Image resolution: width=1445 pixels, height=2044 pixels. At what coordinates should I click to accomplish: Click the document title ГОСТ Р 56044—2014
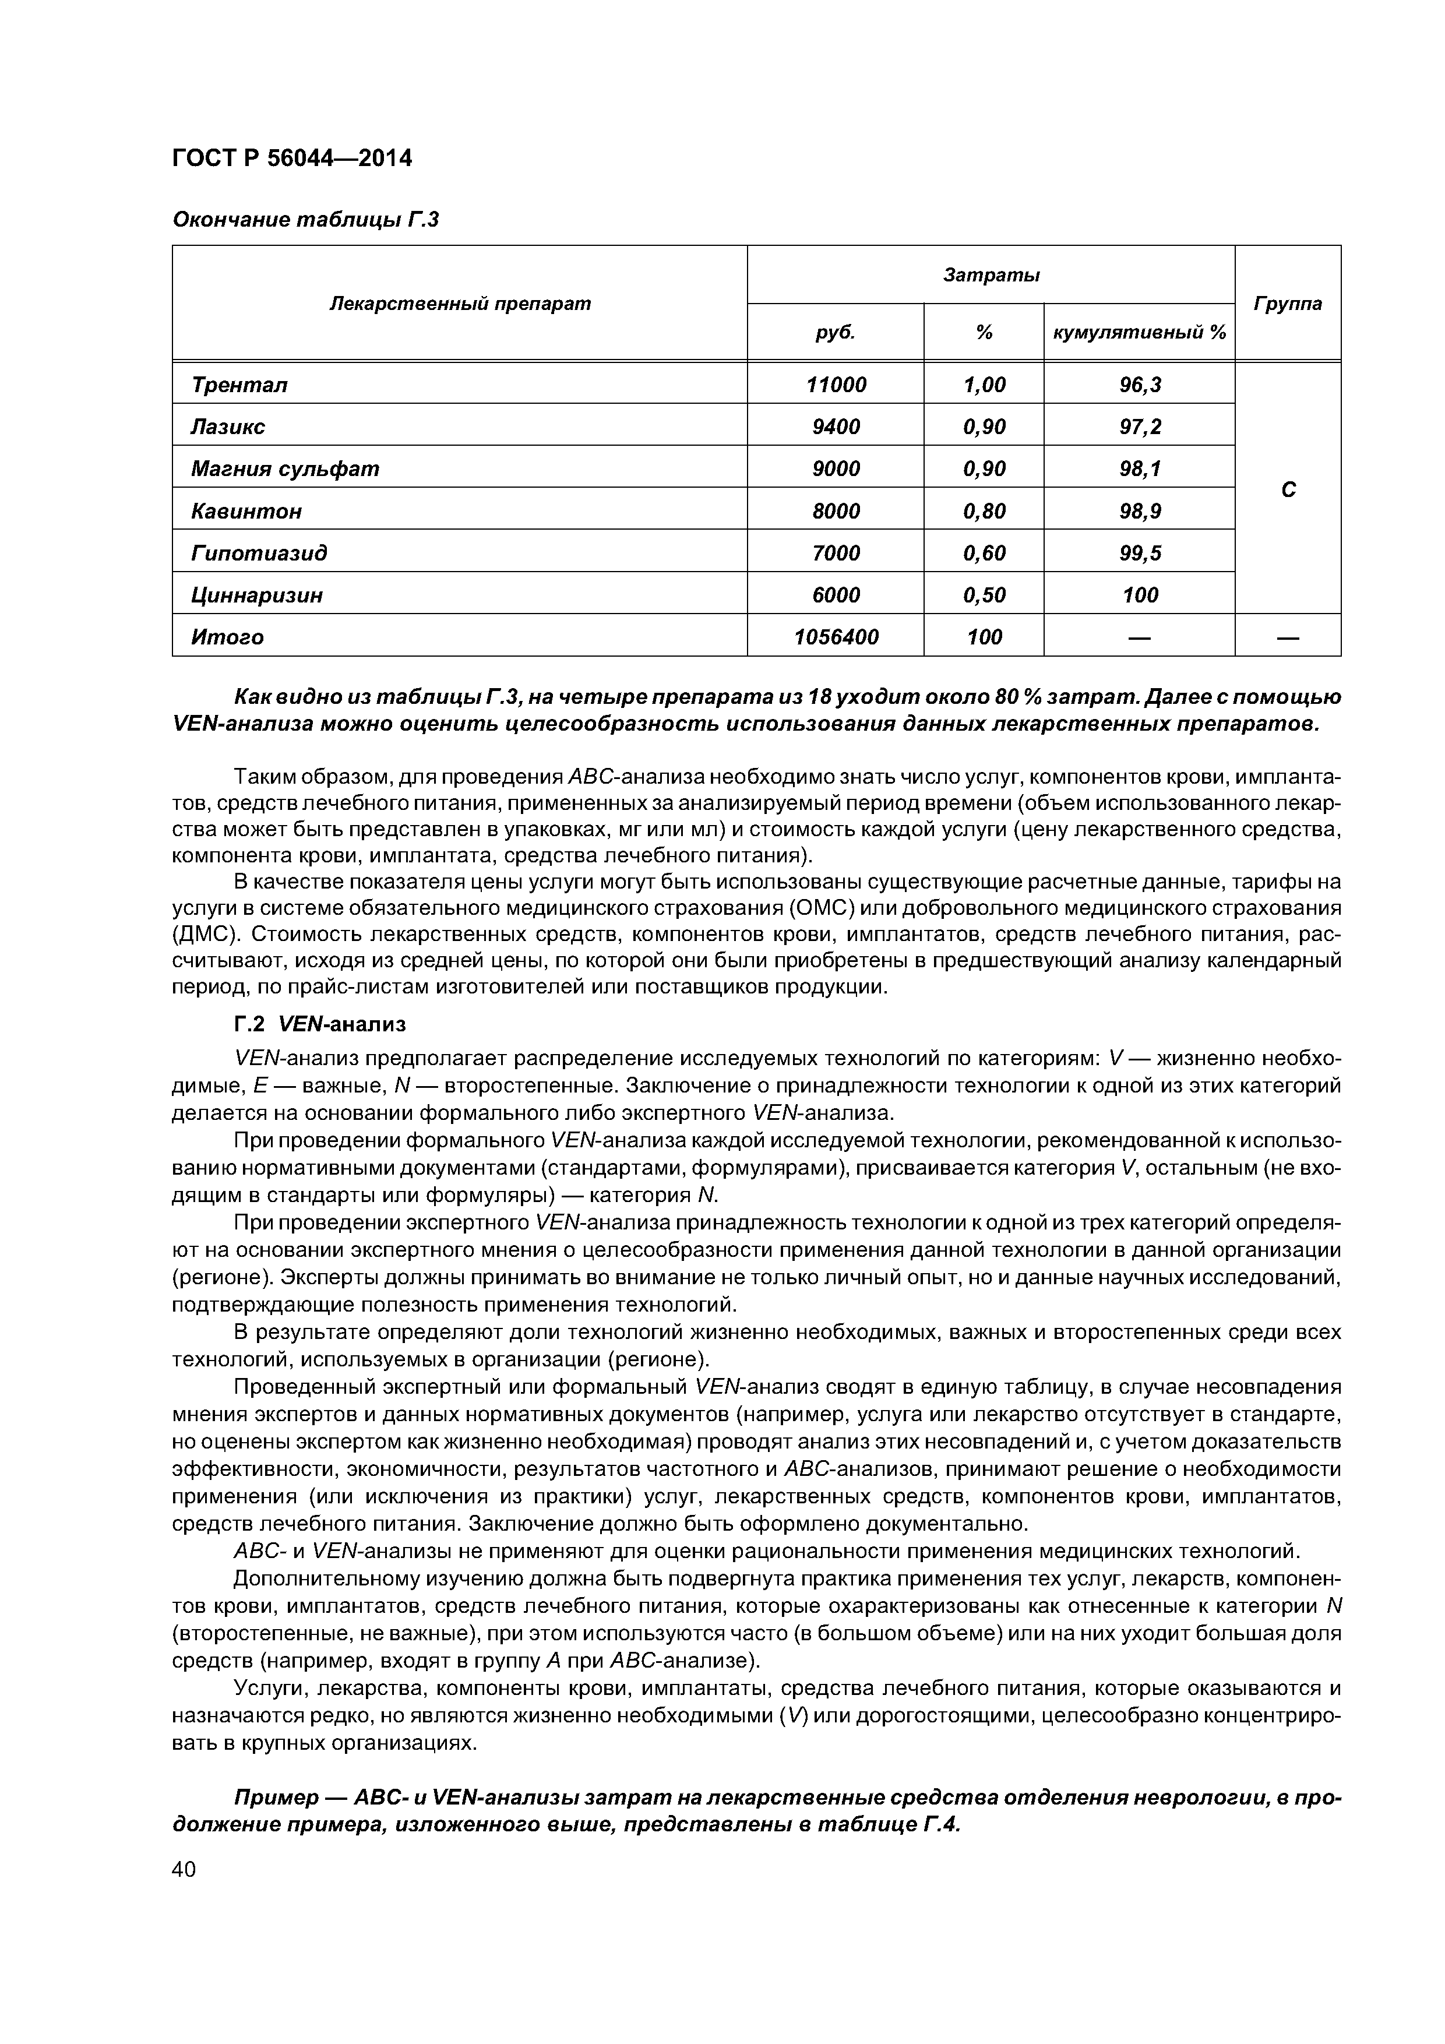292,158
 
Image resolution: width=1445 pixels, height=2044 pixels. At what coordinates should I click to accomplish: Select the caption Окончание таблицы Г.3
305,219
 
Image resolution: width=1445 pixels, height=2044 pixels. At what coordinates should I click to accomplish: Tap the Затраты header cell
991,275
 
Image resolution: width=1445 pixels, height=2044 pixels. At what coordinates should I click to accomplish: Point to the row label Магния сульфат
285,468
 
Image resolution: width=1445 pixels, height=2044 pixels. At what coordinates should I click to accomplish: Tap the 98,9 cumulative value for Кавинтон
1140,511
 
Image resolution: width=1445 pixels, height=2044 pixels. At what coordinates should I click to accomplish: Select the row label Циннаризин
258,595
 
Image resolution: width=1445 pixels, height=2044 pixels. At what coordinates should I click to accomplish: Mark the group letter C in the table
1288,489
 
